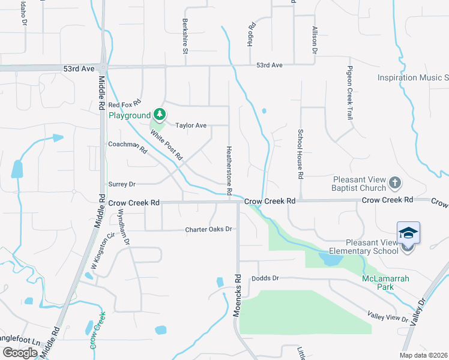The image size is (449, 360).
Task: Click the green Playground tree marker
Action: pos(159,114)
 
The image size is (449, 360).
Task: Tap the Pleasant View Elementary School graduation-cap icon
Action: pos(408,233)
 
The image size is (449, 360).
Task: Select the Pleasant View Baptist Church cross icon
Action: pos(394,182)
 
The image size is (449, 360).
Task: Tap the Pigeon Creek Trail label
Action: pos(349,93)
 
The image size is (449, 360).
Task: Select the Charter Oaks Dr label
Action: pos(208,229)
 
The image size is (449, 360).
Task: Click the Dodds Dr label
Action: pos(266,278)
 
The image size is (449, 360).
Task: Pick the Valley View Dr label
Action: pos(387,316)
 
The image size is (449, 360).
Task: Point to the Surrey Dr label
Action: pos(122,184)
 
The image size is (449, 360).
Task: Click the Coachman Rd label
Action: pos(127,147)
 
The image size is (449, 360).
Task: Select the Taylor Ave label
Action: pos(190,125)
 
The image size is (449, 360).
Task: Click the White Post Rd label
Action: pos(167,145)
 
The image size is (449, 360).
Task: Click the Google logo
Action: pos(20,352)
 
